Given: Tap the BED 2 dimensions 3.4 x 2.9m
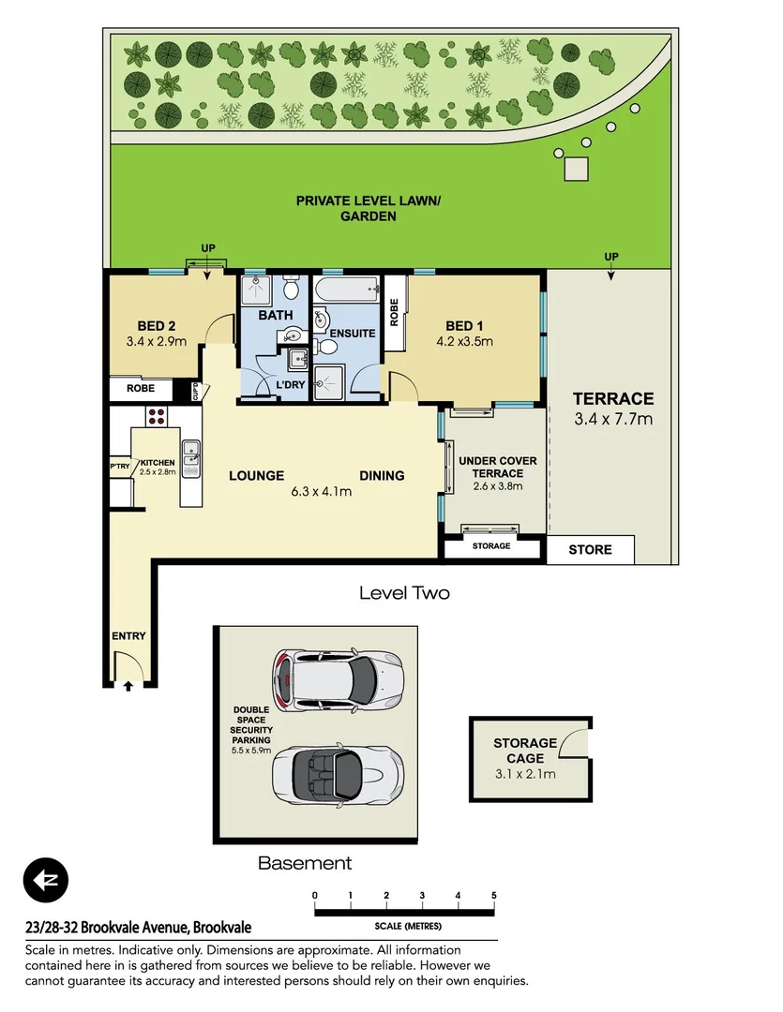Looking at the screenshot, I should (156, 341).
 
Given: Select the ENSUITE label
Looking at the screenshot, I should (353, 333).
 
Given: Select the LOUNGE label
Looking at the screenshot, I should (256, 475).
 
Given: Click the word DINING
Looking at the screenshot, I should (382, 475).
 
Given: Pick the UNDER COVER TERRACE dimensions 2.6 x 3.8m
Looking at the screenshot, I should (497, 486).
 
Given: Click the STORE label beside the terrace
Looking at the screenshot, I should (590, 549).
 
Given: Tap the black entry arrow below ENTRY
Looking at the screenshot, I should (128, 686).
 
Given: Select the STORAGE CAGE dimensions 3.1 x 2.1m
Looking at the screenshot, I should (525, 773).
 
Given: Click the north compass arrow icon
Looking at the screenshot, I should (46, 881).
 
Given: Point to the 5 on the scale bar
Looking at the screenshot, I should (493, 895).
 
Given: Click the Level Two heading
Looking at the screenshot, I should (404, 593).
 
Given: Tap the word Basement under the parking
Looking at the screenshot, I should (305, 863).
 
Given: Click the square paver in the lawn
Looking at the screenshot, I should (576, 169).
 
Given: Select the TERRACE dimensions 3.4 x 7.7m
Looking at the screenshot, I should (613, 419).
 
